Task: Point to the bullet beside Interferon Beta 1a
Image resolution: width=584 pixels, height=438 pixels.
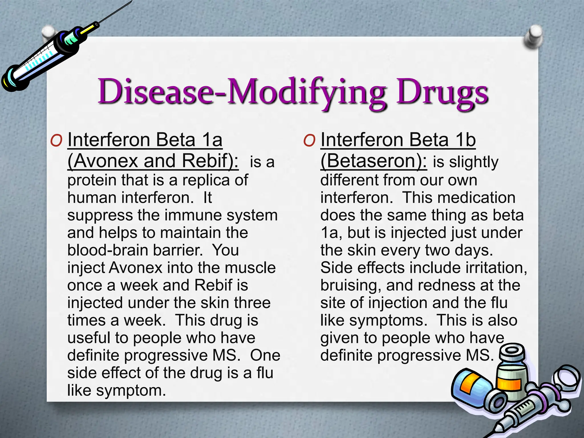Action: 56,140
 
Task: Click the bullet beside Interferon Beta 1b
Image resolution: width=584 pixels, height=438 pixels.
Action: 309,140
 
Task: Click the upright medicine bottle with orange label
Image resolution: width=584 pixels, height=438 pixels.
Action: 512,374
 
